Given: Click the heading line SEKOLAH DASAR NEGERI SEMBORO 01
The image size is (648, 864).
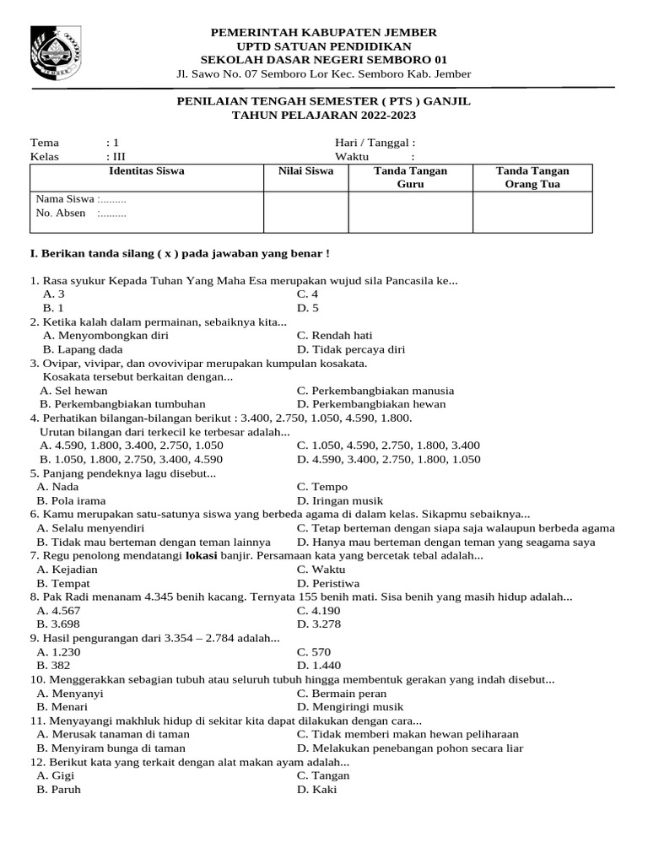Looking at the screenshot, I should (324, 60).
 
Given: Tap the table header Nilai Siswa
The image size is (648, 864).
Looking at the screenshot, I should (306, 171).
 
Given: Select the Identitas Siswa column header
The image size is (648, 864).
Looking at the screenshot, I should (147, 171).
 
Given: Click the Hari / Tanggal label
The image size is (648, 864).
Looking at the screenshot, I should (375, 143).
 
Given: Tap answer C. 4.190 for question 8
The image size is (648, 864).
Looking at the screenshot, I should (318, 611).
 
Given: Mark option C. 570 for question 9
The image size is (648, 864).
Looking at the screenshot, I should (314, 652).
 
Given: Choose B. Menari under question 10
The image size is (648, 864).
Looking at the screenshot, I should (61, 707).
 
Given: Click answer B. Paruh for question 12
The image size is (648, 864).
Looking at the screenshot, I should (59, 790).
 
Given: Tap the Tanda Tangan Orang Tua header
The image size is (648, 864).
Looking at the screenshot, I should (532, 178).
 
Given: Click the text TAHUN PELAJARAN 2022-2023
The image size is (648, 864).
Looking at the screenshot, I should (324, 115).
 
